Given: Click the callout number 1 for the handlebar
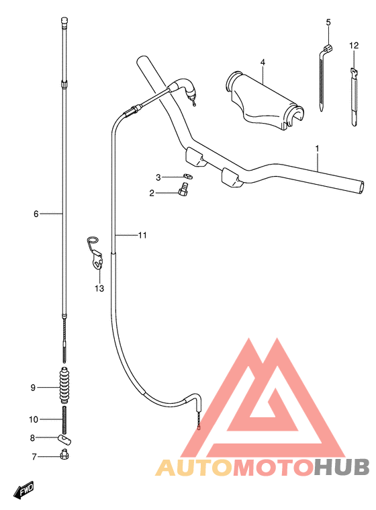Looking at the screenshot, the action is tap(317, 148).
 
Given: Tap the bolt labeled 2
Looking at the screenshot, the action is tap(183, 189).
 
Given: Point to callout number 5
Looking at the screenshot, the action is tap(328, 22).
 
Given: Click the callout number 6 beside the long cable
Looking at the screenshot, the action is tap(36, 214).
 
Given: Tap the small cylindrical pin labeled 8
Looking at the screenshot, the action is tap(64, 439).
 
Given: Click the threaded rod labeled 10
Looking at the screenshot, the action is tap(64, 420).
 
